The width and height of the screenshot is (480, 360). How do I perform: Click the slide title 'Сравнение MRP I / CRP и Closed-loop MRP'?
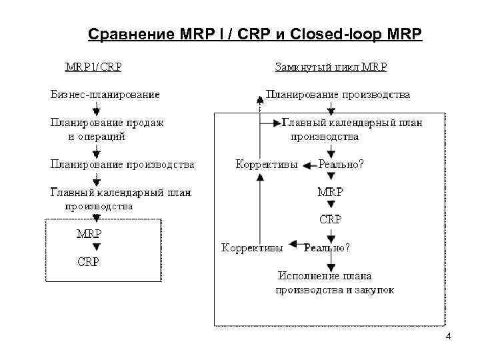(x=256, y=33)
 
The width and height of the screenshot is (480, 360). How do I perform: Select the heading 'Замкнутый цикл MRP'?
(x=331, y=67)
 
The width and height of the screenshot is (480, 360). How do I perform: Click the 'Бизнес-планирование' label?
(x=105, y=95)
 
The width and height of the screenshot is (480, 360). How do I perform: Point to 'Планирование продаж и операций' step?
(x=107, y=129)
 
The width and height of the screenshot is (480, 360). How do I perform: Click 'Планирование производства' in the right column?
(x=337, y=95)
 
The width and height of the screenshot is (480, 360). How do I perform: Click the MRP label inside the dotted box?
(x=89, y=233)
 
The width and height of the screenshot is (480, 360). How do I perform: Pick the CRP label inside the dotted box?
(x=89, y=262)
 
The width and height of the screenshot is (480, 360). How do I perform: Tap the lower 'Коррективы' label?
(x=252, y=247)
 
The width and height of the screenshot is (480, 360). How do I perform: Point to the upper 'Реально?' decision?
(x=341, y=165)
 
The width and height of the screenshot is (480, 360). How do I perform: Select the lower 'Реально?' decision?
(x=327, y=247)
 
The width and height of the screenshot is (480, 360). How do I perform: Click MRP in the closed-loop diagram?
(x=330, y=192)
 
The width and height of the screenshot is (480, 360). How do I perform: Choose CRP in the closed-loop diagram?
(x=330, y=219)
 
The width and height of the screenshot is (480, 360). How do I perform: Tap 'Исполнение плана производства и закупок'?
(x=335, y=283)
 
